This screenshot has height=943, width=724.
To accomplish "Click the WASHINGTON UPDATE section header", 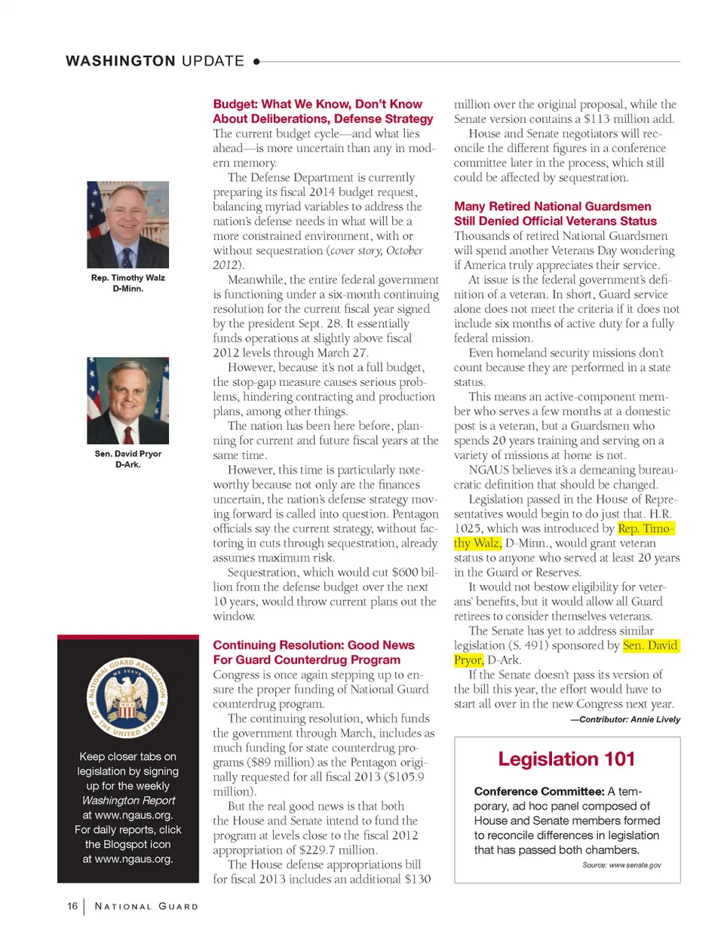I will pos(155,61).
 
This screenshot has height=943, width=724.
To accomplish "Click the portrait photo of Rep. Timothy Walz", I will pos(127,225).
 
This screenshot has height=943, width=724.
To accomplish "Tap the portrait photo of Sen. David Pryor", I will pos(127,400).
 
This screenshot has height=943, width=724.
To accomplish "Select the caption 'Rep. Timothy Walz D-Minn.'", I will pos(127,283).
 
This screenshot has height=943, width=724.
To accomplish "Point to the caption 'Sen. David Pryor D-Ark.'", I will pos(127,459).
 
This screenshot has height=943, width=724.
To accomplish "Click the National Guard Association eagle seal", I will pos(127,698).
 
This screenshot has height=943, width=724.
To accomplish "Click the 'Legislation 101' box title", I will pos(566,759).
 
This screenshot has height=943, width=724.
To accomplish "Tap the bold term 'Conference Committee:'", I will pos(538,791).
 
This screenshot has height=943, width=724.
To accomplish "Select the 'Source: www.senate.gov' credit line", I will pos(621,865).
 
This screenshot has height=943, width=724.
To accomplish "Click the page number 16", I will pos(72,906).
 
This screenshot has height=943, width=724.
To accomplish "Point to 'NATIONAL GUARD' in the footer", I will pos(146,907).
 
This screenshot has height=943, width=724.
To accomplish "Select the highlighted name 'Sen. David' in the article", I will pos(650,645).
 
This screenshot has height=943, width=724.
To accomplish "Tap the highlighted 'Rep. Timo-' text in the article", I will pos(646,528).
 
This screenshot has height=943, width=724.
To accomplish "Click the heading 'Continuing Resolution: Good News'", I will pos(314,645).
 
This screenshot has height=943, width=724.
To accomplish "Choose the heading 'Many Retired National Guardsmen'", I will pos(552,207).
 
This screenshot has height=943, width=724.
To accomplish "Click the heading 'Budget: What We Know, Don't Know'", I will pos(318,104).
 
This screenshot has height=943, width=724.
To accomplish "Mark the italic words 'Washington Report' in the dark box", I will pos(128,801).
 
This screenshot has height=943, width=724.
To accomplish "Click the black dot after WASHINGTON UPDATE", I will pos(256,62).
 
